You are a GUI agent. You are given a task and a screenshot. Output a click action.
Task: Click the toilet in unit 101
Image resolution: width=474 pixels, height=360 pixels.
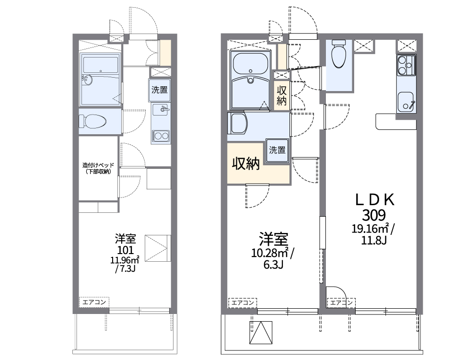pyautogui.click(x=92, y=122)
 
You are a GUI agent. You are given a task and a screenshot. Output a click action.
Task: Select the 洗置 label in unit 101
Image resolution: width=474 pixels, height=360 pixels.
pyautogui.click(x=160, y=90)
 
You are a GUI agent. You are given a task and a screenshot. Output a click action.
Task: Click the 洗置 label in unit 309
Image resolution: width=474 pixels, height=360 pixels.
pyautogui.click(x=277, y=150)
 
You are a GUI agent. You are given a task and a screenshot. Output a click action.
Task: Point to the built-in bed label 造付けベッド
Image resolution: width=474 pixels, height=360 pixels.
pyautogui.click(x=98, y=165)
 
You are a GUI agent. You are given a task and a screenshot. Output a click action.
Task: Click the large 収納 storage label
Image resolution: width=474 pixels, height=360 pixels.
pyautogui.click(x=246, y=163)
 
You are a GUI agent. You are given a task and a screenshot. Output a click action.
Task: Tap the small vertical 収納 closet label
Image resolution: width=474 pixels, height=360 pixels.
pyautogui.click(x=282, y=95)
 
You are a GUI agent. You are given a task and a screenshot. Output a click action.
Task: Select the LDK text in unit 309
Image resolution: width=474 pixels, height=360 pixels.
pyautogui.click(x=374, y=200)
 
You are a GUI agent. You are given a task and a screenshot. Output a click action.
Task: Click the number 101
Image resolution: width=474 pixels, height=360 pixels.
pyautogui.click(x=125, y=250)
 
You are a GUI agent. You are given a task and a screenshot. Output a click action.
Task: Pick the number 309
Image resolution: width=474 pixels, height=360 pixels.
pyautogui.click(x=374, y=216)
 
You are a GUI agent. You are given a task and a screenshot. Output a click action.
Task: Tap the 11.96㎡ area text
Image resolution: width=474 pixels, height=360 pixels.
pyautogui.click(x=125, y=260)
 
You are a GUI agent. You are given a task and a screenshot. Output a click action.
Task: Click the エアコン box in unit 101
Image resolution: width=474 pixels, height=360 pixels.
pyautogui.click(x=94, y=302)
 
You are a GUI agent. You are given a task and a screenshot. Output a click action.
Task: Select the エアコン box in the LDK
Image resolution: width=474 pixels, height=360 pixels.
pyautogui.click(x=341, y=302)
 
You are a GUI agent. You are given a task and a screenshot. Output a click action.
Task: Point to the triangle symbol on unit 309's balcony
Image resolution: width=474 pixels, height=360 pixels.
pyautogui.click(x=261, y=332)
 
